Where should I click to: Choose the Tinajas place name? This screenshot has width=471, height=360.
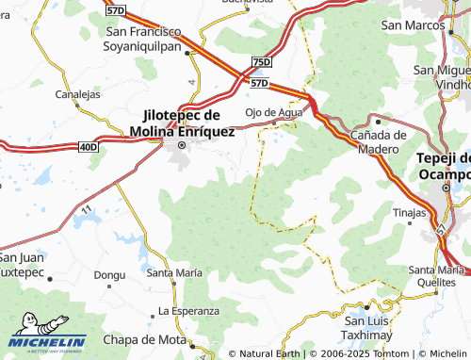tap(409, 214)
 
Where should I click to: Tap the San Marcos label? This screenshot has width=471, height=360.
tap(412, 26)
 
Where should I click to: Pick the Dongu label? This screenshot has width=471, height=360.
tap(109, 274)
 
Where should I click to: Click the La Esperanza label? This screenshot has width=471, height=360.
tap(188, 310)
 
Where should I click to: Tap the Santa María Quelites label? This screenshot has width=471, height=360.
tap(436, 276)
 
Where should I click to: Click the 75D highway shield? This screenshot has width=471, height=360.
tap(261, 62)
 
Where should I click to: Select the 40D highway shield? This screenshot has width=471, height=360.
tap(88, 146)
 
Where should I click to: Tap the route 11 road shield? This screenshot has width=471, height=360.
tap(86, 207)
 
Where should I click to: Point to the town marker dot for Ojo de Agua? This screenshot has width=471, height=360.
tap(273, 123)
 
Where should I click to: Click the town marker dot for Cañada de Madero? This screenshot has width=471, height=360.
tap(378, 121)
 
